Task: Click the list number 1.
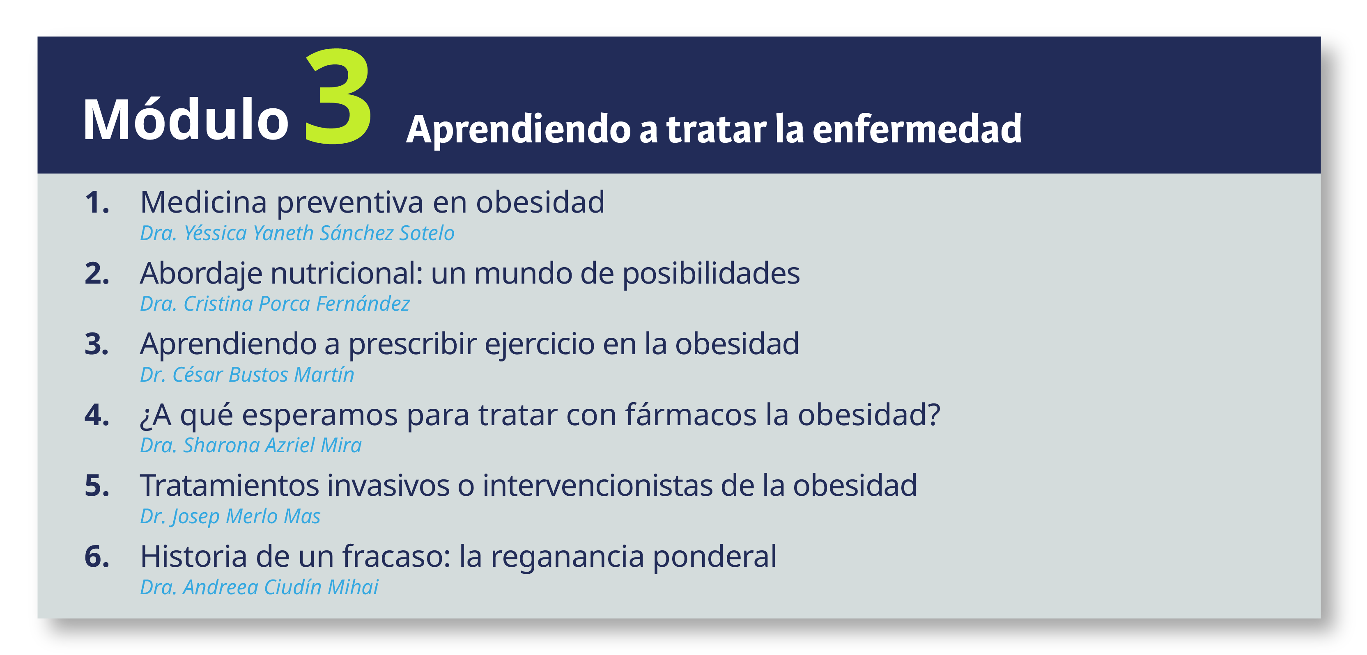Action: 96,203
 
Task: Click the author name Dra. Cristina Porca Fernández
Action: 275,304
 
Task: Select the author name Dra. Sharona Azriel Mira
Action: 250,446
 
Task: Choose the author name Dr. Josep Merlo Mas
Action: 230,517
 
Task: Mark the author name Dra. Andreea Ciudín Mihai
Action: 259,587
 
